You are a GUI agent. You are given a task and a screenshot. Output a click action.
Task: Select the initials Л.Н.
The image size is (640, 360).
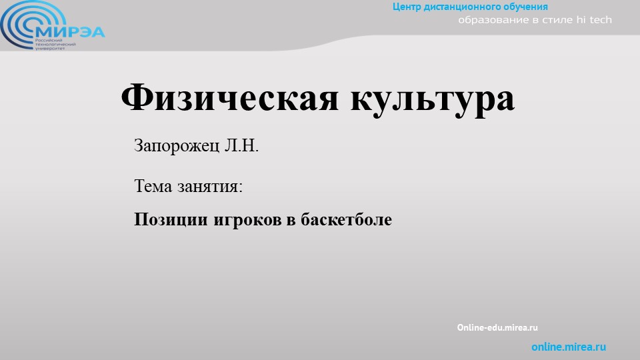tap(241, 146)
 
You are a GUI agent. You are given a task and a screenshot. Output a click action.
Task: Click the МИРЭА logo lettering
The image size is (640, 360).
tap(71, 32)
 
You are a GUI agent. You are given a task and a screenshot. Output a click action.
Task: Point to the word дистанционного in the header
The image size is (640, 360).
tap(467, 7)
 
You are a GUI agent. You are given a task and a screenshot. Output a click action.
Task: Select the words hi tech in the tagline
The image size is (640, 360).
tap(593, 20)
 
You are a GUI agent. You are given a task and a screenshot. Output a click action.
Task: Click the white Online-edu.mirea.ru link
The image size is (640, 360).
tap(497, 328)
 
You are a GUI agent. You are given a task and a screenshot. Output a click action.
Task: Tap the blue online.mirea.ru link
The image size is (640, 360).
tap(569, 347)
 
